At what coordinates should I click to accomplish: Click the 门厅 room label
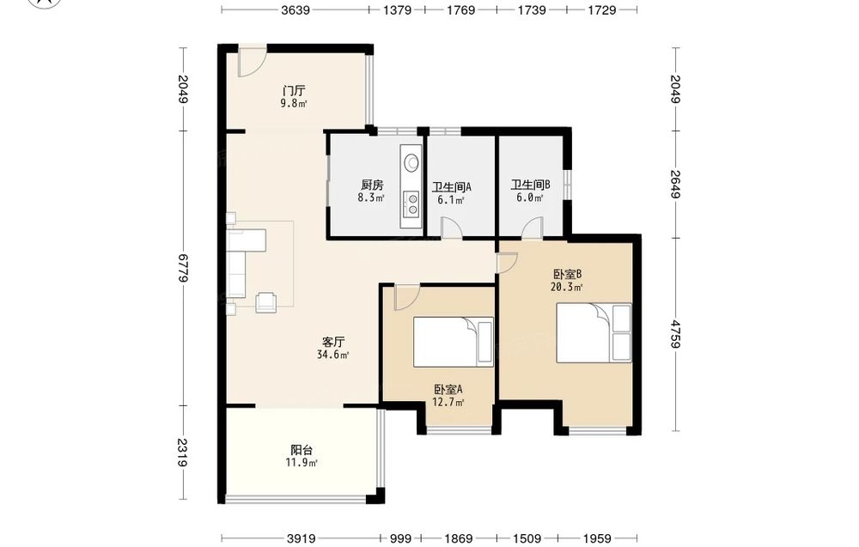(x=294, y=90)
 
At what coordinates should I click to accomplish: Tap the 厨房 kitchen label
(x=372, y=185)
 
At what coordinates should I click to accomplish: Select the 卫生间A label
(x=452, y=187)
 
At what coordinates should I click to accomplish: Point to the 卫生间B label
(x=530, y=185)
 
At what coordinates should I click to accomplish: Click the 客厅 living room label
(x=332, y=343)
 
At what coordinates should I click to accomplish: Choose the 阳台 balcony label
(x=302, y=450)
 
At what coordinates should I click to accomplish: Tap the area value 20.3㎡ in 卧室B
(x=566, y=286)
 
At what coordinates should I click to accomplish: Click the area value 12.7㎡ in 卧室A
(x=448, y=403)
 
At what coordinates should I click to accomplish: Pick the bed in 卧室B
(x=594, y=333)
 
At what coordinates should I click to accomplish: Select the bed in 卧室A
(x=454, y=343)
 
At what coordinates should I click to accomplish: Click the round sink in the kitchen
(x=411, y=162)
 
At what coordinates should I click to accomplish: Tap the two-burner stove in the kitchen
(x=411, y=204)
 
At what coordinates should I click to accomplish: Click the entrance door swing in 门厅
(x=253, y=62)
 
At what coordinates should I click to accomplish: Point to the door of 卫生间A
(x=452, y=228)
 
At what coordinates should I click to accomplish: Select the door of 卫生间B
(x=532, y=228)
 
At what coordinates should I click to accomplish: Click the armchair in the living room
(x=267, y=301)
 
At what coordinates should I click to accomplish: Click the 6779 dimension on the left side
(x=183, y=268)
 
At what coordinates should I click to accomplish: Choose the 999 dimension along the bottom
(x=400, y=538)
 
